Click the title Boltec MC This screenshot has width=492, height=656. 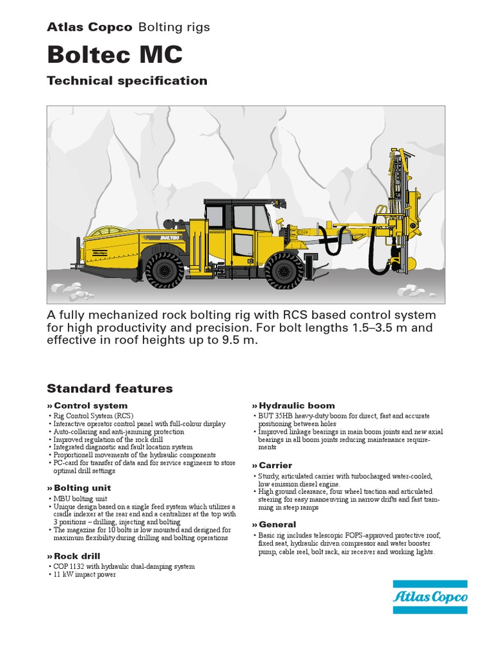click(x=115, y=54)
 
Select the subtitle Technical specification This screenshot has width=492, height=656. click(x=127, y=81)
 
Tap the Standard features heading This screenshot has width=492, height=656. click(x=110, y=388)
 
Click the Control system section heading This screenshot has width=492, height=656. click(x=90, y=406)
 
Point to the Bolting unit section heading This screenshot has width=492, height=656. click(x=82, y=488)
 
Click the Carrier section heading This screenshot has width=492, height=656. click(x=275, y=465)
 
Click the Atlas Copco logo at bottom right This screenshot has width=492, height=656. click(x=430, y=597)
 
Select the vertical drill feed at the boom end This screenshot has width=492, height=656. click(x=396, y=205)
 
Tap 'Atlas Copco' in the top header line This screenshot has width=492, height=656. click(x=90, y=27)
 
